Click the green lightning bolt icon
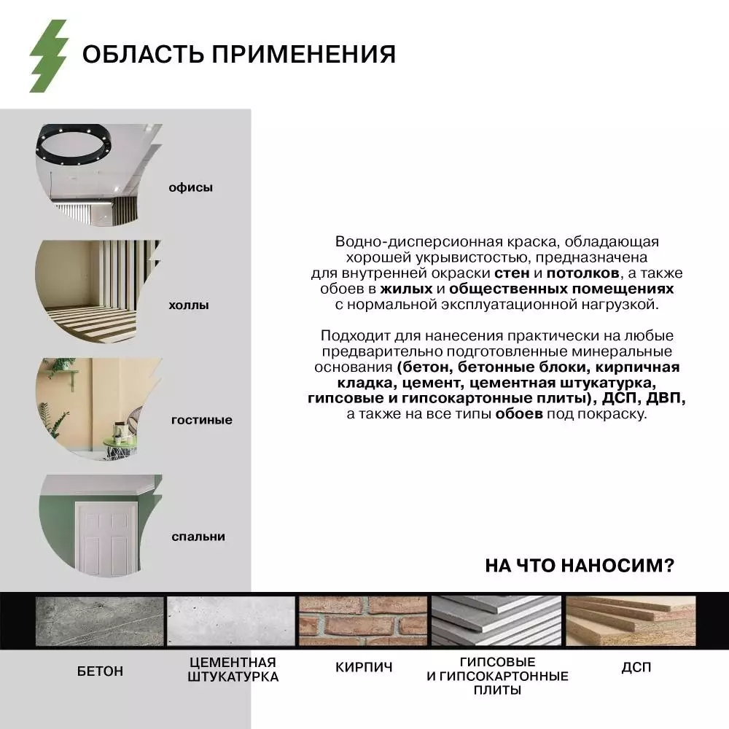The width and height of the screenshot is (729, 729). tap(48, 56)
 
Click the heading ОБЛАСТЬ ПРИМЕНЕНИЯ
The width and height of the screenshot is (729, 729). tap(238, 55)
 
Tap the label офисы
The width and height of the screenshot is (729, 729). tap(191, 187)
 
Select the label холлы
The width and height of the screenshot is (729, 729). tap(189, 305)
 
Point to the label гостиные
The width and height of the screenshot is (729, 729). tap(202, 420)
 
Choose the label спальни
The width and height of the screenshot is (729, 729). tap(198, 537)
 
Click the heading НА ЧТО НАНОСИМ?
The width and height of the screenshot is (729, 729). tap(580, 566)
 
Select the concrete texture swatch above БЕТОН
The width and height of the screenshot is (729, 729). tap(100, 621)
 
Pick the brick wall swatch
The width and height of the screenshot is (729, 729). tap(363, 621)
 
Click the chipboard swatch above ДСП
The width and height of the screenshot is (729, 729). tap(631, 621)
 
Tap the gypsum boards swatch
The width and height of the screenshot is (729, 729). tap(497, 621)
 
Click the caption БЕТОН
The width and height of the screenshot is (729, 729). tap(100, 671)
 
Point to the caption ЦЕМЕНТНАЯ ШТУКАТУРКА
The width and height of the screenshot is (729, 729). tap(233, 670)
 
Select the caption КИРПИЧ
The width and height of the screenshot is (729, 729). tap(364, 667)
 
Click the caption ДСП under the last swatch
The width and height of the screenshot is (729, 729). tap(636, 667)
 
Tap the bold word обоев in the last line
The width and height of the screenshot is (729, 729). tap(519, 414)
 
